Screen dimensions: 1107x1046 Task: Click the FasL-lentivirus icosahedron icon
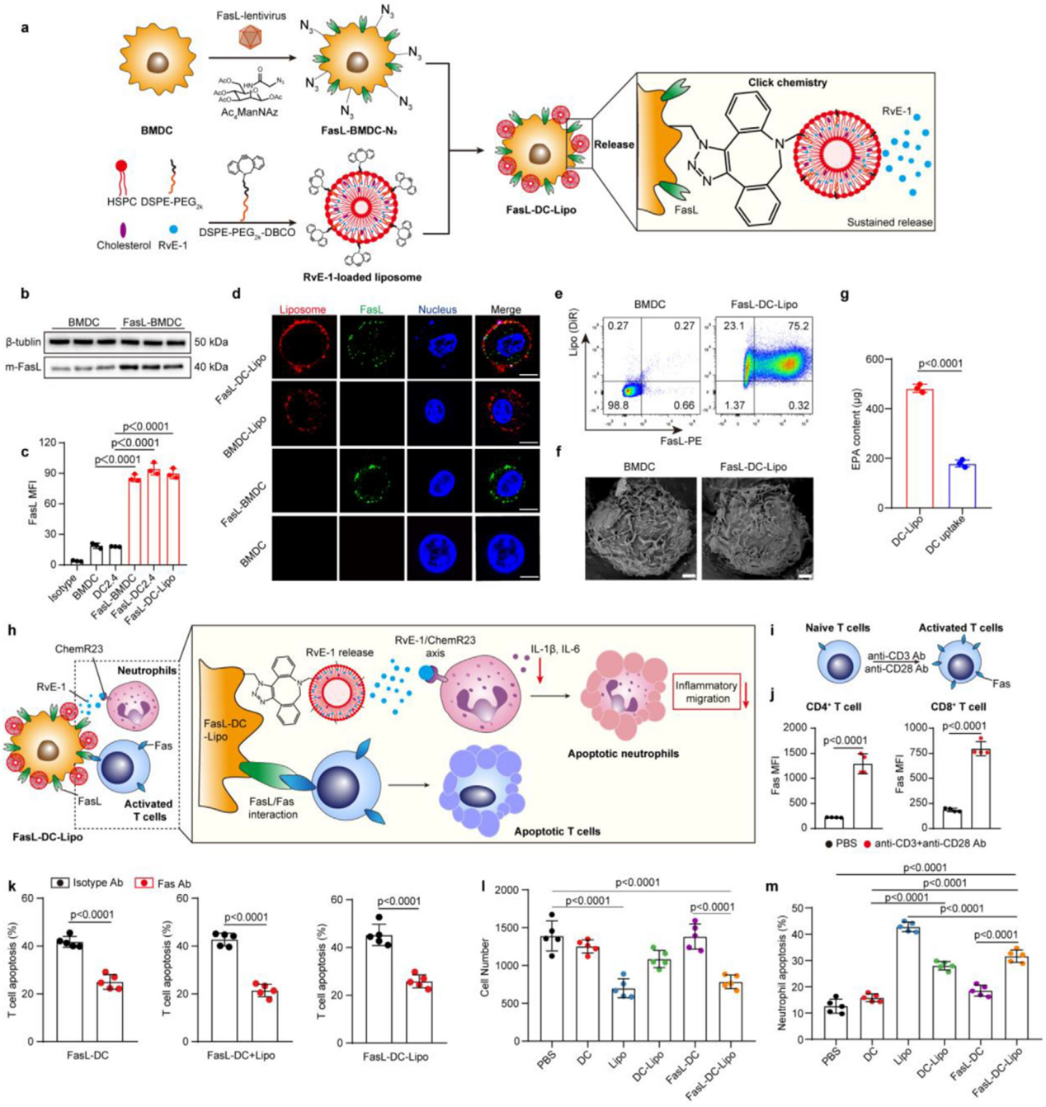click(248, 37)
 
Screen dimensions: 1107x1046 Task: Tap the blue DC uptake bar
click(961, 486)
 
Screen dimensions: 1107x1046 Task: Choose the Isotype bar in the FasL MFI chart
click(77, 562)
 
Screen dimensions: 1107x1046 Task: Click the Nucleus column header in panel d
click(437, 310)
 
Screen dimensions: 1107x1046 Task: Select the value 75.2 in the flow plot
click(798, 326)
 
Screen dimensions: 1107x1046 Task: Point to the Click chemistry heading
click(787, 83)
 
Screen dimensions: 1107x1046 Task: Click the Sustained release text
click(889, 222)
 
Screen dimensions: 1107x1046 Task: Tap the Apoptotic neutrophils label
click(623, 754)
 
